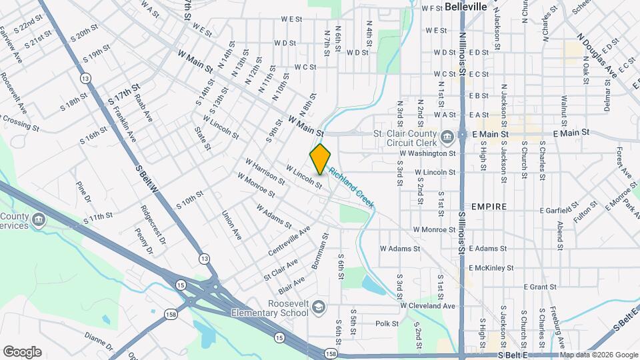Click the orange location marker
pyautogui.click(x=321, y=159)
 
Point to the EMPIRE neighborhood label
pyautogui.click(x=488, y=207)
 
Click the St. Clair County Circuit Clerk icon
pyautogui.click(x=447, y=137)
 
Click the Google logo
pyautogui.click(x=22, y=352)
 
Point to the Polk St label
pyautogui.click(x=387, y=324)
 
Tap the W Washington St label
pyautogui.click(x=427, y=153)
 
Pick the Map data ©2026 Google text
pyautogui.click(x=599, y=355)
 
